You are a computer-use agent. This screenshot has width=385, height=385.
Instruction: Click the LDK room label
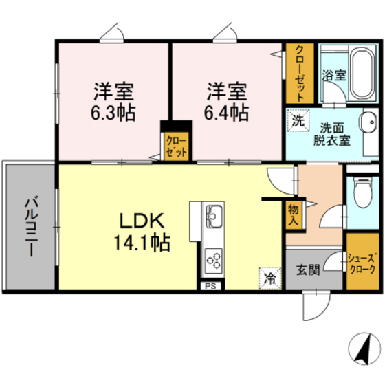click(x=143, y=221)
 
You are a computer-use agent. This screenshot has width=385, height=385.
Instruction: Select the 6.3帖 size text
click(x=113, y=111)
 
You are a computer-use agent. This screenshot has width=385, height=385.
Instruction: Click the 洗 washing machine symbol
click(x=298, y=120)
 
